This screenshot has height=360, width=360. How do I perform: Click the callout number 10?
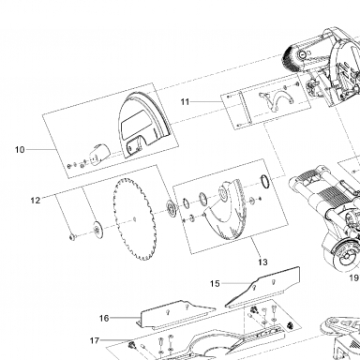[20, 150]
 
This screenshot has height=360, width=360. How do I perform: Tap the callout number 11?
[185, 102]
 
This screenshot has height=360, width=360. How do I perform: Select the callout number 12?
[36, 201]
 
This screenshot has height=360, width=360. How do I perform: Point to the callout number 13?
[262, 262]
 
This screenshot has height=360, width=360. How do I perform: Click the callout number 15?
[215, 283]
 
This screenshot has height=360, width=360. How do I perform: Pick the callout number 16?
[104, 318]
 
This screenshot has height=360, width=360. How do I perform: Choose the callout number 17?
[95, 340]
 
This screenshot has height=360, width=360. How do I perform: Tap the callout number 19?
[354, 277]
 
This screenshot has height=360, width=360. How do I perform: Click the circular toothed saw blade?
[134, 219]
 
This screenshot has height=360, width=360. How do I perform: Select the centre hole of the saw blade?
[134, 219]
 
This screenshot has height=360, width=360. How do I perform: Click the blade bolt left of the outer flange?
[72, 237]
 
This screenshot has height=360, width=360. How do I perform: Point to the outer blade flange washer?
[97, 231]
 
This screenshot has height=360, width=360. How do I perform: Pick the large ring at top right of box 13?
[265, 181]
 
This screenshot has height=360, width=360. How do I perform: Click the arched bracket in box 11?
[277, 101]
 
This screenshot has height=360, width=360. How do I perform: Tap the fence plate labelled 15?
[262, 288]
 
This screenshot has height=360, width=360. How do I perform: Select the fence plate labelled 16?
[176, 315]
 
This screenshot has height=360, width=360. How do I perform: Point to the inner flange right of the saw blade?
[171, 209]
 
